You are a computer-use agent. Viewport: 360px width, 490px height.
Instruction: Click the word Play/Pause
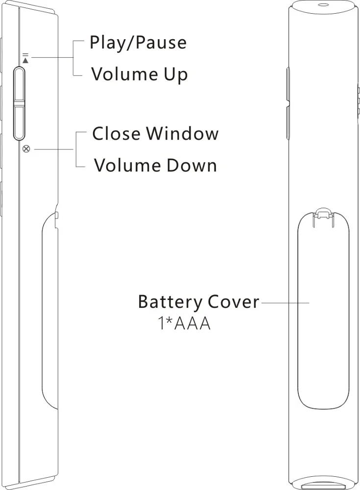pyautogui.click(x=138, y=43)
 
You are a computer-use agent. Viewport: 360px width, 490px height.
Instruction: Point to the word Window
pyautogui.click(x=183, y=133)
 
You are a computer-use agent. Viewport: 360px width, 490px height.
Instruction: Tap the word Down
pyautogui.click(x=192, y=166)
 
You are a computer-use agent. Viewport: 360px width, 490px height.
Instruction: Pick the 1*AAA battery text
pyautogui.click(x=184, y=324)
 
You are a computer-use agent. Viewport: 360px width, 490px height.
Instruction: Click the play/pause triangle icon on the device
pyautogui.click(x=25, y=60)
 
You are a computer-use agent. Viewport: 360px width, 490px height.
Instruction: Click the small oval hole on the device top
pyautogui.click(x=322, y=5)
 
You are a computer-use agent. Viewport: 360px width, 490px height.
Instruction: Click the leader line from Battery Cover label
pyautogui.click(x=285, y=303)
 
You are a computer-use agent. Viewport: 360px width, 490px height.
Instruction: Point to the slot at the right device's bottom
pyautogui.click(x=323, y=486)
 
